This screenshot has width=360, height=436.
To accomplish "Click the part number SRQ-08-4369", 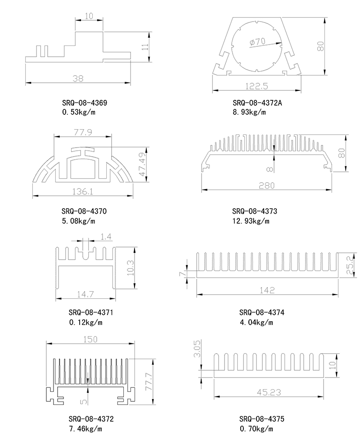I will point(85,103).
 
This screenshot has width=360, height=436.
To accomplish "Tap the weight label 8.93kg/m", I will point(249,112).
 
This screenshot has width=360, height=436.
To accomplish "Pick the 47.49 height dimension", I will point(143,164).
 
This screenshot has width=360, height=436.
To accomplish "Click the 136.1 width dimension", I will point(83,192).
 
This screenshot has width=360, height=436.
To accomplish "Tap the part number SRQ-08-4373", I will point(255,211).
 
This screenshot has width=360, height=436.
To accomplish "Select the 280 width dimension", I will point(267,184).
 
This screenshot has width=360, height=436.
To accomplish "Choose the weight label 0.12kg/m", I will point(85,322).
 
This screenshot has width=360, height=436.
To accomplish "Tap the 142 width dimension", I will point(267,290).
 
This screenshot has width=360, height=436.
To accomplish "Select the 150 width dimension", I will point(90,340).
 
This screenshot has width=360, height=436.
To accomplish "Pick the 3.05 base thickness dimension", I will point(196,349).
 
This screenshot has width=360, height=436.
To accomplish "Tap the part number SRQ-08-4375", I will point(262,419).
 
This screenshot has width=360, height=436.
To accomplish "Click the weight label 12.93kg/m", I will point(251,221).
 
